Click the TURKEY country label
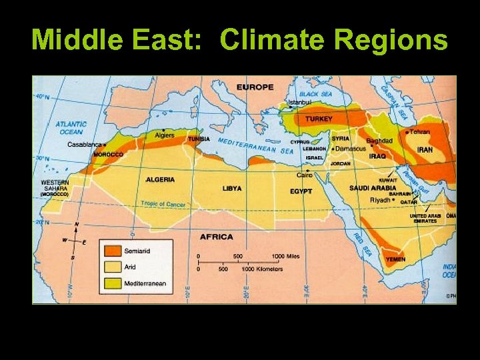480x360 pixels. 319,119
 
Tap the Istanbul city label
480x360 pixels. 299,103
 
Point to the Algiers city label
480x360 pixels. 165,135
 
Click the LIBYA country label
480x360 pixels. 232,189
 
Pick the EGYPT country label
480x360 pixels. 301,191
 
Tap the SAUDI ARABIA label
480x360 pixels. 372,188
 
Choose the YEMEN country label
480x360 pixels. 395,259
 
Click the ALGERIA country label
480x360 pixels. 160,179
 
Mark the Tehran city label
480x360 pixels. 420,132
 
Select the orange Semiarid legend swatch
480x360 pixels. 111,251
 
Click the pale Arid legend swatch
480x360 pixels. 111,267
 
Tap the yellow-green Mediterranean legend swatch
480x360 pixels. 111,283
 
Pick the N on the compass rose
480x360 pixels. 77,225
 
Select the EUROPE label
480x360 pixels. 255,87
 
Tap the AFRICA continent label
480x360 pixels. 217,237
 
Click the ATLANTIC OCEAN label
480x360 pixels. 70,127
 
